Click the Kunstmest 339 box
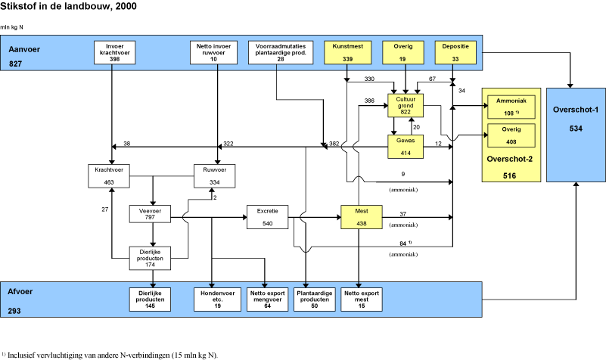[347, 52]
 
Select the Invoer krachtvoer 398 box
[112, 52]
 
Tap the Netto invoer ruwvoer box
[217, 52]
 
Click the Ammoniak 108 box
[511, 107]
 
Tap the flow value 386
[370, 101]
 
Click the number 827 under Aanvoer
[16, 65]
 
